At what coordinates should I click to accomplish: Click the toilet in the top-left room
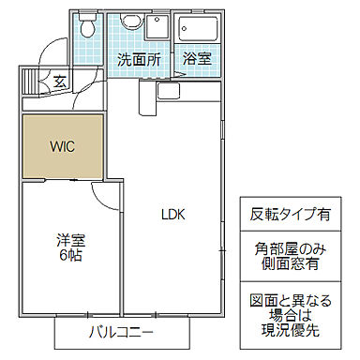tap(88, 29)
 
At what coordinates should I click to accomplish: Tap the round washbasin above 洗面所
tap(131, 27)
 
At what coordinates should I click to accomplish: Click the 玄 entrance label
tap(58, 81)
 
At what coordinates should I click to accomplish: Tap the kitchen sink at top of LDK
tap(171, 91)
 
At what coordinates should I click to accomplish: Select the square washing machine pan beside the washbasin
tap(159, 27)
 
